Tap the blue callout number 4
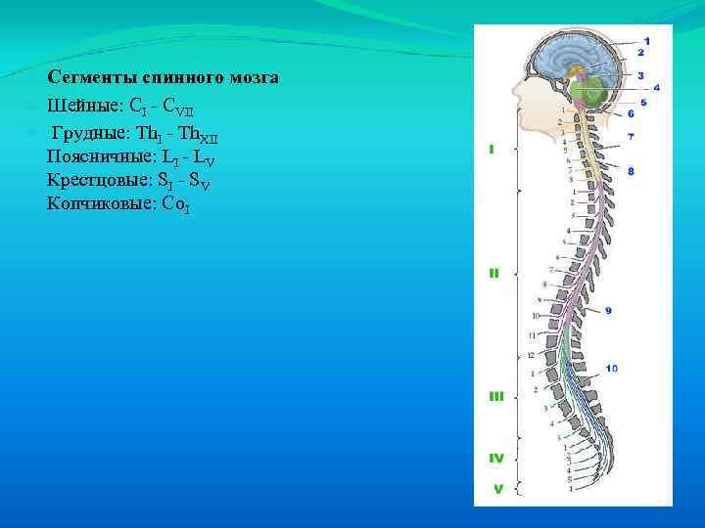point(656,87)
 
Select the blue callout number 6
point(632,114)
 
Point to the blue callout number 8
point(632,171)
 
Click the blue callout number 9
point(608,311)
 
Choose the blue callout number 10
point(611,369)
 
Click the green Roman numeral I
point(492,150)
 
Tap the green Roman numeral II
point(494,274)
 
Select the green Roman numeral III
point(495,396)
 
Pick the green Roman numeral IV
point(496,457)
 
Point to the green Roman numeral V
point(497,489)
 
